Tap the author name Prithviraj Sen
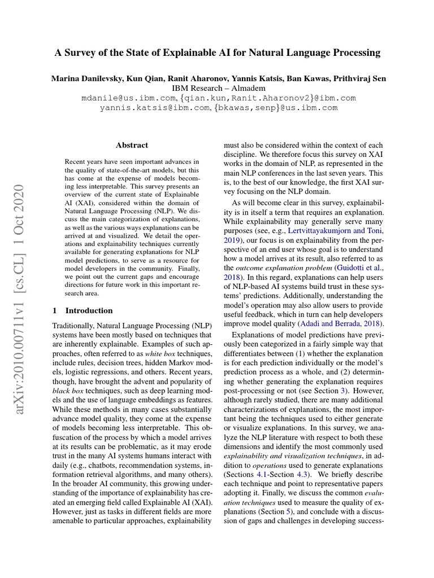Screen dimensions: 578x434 click(x=359, y=78)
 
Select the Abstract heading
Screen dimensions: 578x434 click(x=132, y=145)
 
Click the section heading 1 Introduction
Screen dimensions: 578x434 click(x=83, y=310)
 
